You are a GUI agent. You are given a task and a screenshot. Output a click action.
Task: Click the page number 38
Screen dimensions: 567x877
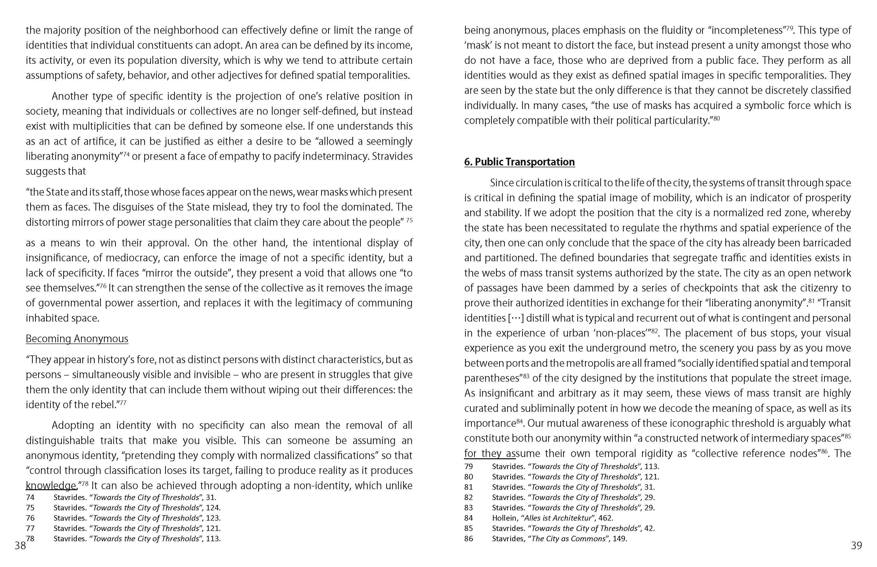coord(20,546)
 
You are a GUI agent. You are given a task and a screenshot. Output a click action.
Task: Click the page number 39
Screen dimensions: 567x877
coord(856,546)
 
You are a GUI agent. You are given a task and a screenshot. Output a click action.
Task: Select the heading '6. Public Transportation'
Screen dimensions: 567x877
coord(519,162)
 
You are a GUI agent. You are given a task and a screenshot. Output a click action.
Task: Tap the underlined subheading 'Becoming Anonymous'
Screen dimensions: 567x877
coord(77,339)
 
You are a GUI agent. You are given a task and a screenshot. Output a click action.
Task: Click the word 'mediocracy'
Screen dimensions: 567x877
coord(132,258)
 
